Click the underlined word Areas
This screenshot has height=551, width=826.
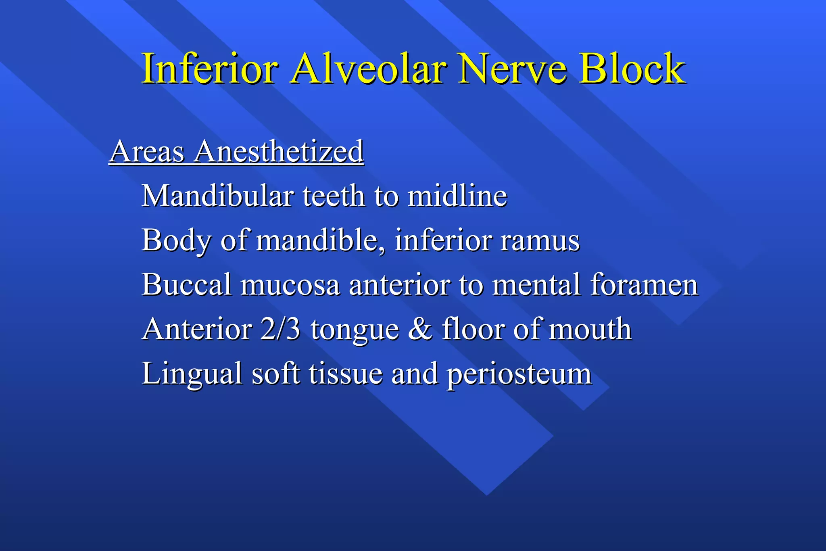pyautogui.click(x=147, y=152)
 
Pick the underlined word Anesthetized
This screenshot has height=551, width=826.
pyautogui.click(x=279, y=152)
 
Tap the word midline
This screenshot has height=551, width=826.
pyautogui.click(x=457, y=196)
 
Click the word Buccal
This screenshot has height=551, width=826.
pyautogui.click(x=187, y=285)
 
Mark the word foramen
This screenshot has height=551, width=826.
pyautogui.click(x=644, y=285)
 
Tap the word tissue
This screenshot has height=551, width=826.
pyautogui.click(x=346, y=374)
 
